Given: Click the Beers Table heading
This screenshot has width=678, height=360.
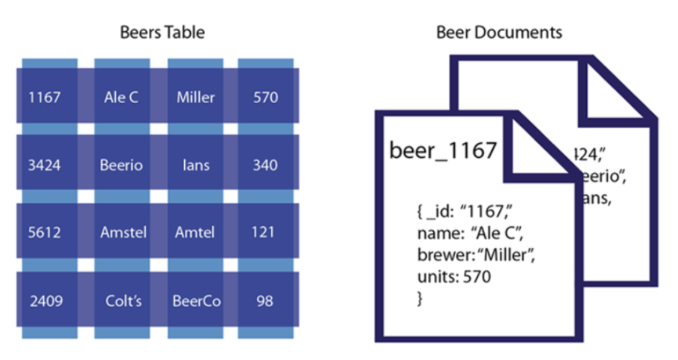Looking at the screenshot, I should [x=162, y=32].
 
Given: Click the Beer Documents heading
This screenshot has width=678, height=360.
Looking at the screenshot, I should [x=499, y=32].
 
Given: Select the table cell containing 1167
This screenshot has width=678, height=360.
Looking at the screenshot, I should [x=44, y=97].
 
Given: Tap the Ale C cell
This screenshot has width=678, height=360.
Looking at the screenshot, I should [x=121, y=97].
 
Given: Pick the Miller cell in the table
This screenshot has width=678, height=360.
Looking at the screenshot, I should [x=196, y=97].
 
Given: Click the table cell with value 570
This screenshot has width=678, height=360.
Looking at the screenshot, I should [x=265, y=97].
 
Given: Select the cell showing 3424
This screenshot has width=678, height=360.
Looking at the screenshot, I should [x=44, y=164].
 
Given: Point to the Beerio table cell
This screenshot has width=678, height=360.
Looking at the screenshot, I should [x=121, y=164].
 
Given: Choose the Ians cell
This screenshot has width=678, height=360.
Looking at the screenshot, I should [x=196, y=164].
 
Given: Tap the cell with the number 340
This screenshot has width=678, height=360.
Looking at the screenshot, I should [x=265, y=164].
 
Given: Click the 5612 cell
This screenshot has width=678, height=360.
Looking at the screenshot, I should [x=44, y=232].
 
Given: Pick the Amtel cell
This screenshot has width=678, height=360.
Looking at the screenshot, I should [x=195, y=232].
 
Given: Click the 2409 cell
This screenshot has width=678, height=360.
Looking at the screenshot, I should [x=46, y=301].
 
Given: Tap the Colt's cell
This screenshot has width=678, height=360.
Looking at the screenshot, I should [x=122, y=301].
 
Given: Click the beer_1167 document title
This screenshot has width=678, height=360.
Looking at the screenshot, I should [x=443, y=150].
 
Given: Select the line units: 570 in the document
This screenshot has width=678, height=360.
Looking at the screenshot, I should [x=454, y=277].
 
